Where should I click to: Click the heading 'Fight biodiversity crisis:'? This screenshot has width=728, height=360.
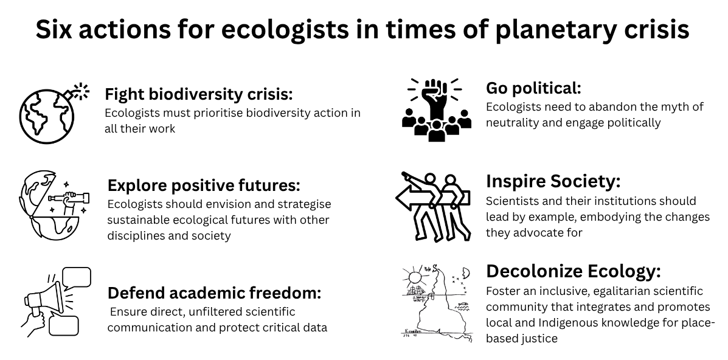(199, 94)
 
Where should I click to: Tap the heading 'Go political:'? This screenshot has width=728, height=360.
(533, 88)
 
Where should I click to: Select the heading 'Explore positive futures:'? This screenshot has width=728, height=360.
(204, 185)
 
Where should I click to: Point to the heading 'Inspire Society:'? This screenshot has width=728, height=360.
(553, 181)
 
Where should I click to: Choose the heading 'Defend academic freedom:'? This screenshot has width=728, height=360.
(214, 293)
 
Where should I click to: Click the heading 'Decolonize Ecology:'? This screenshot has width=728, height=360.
(573, 271)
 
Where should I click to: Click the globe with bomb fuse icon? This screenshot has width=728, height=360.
(54, 113)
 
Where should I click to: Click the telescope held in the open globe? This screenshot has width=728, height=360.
(70, 198)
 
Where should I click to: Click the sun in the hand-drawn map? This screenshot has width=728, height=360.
(415, 277)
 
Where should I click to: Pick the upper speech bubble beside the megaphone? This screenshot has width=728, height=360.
(77, 278)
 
